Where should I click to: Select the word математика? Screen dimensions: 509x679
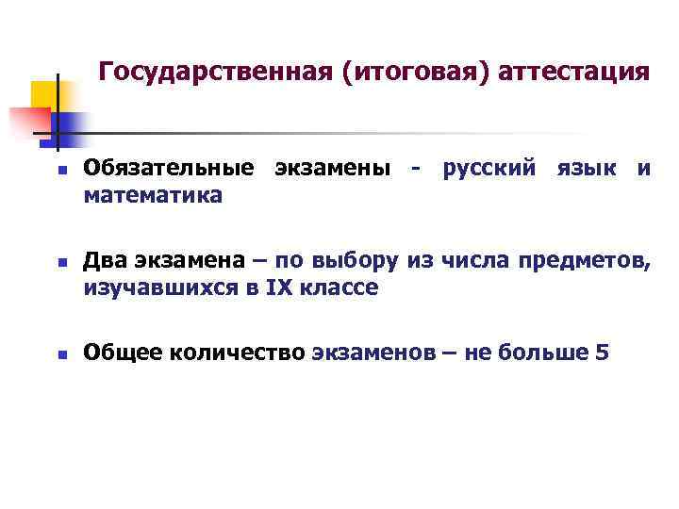point(153,196)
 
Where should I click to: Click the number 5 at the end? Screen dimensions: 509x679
point(603,353)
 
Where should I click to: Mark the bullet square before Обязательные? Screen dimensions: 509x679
point(58,171)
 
